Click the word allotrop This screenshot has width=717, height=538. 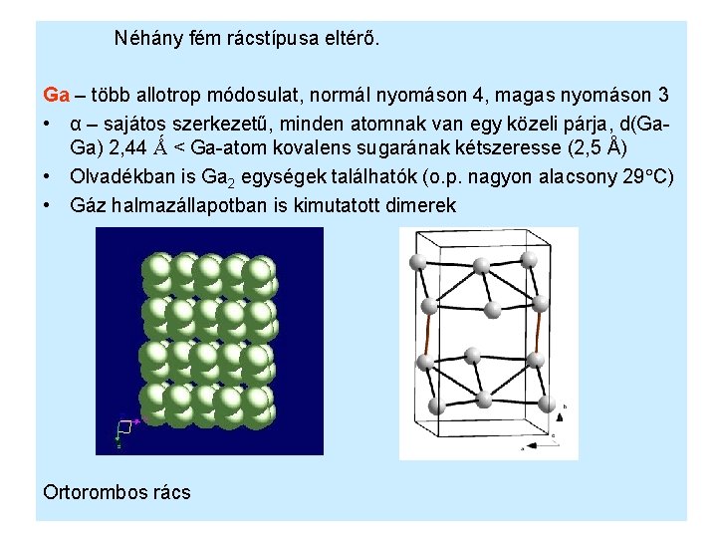tap(169, 96)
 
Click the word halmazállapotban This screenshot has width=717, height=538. tap(192, 205)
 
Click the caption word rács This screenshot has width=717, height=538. tap(169, 492)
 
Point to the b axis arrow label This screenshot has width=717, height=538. tap(566, 407)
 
